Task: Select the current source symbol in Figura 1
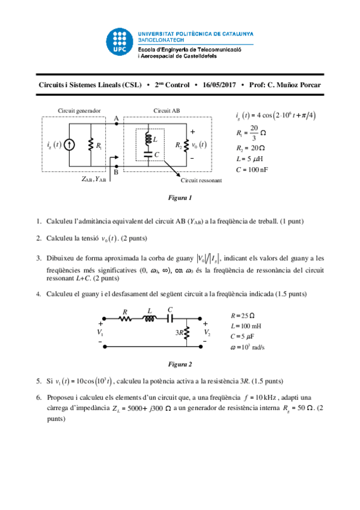pos(70,145)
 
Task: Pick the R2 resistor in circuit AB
pos(187,145)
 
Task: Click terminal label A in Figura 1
pos(116,118)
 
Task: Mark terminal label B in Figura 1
pos(116,173)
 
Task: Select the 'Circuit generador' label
pos(79,111)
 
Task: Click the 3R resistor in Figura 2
pos(187,332)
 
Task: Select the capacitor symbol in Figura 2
pos(169,319)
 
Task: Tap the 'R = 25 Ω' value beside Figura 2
pos(243,315)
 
